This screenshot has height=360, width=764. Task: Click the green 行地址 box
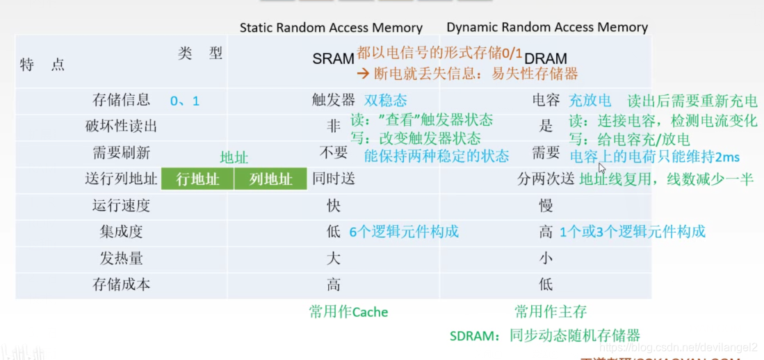(x=197, y=179)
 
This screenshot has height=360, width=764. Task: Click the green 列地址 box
(x=270, y=179)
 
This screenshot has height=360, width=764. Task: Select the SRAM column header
(x=334, y=59)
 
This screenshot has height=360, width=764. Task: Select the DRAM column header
(x=546, y=59)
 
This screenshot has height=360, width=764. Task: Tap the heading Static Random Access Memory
(x=331, y=28)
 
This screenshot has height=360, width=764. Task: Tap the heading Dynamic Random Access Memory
(x=547, y=28)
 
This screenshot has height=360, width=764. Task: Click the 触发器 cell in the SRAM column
(x=334, y=100)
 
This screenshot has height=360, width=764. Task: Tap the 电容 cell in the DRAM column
(x=546, y=100)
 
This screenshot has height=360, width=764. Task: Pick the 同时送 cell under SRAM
(x=334, y=179)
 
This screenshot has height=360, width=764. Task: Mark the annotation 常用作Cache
(x=348, y=312)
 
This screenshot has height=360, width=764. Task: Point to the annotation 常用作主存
(x=551, y=311)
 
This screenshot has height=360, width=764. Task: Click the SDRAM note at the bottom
(x=544, y=336)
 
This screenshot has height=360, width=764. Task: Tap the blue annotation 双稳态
(x=386, y=100)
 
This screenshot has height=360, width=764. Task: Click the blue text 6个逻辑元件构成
(x=404, y=231)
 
